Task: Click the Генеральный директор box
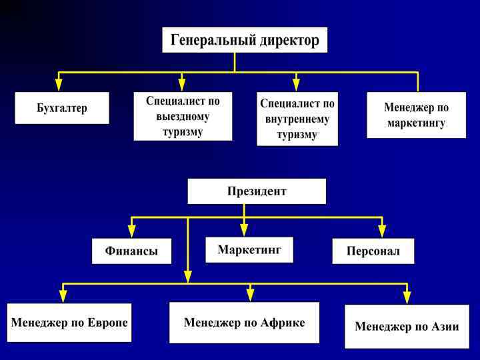click(245, 40)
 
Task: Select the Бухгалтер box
click(62, 108)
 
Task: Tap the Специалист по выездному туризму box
click(183, 116)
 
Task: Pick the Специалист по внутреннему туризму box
click(297, 119)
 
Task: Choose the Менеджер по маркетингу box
click(416, 115)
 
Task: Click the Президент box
click(257, 191)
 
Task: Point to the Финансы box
click(131, 251)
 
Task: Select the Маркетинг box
click(249, 249)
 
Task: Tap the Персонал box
click(373, 251)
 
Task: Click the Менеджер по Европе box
click(69, 323)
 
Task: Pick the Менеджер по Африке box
click(244, 323)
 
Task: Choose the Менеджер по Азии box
click(407, 327)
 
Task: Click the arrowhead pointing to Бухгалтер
click(59, 85)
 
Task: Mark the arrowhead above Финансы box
click(131, 231)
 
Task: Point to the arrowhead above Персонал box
click(382, 231)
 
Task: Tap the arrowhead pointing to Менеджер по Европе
click(63, 297)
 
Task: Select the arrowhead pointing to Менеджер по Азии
click(407, 297)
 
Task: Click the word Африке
click(283, 323)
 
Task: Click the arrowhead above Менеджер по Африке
click(251, 295)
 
